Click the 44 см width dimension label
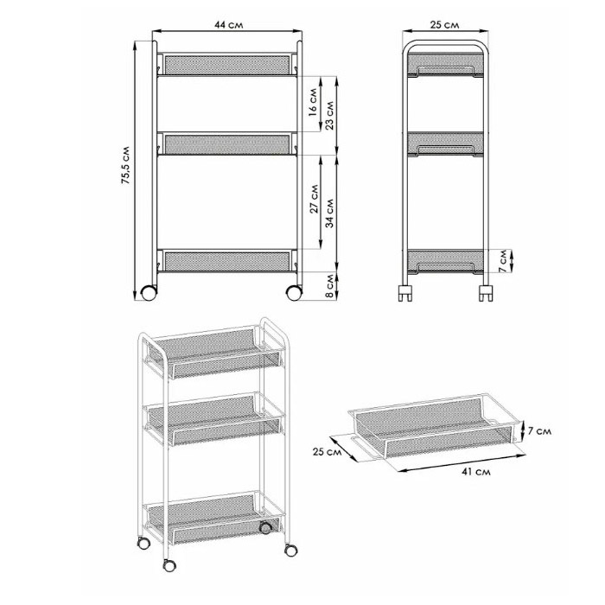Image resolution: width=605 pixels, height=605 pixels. pos(228,25)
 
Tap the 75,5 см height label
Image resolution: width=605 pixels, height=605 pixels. pos(126,164)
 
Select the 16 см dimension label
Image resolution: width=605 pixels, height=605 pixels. pos(313,103)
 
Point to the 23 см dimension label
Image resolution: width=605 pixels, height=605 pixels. pos(329,115)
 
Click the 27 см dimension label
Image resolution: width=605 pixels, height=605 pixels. pos(314,199)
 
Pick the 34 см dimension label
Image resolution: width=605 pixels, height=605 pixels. pos(329,213)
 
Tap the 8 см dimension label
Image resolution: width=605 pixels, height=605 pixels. pos(329,286)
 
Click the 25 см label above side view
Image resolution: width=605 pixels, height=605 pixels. pos(444,25)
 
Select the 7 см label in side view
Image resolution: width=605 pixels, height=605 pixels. pos(503,261)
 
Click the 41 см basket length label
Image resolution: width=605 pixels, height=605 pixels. pos(476,472)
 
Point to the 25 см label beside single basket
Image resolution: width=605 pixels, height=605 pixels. pos(328,451)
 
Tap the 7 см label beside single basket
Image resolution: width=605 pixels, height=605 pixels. pos(539,431)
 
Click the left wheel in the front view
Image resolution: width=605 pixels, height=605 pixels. pos(149,293)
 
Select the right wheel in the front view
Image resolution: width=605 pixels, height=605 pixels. pos(294,293)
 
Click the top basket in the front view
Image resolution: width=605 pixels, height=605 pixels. pos(227,65)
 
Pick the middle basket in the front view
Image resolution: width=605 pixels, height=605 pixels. pos(227,144)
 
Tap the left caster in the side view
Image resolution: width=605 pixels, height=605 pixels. pos(404,293)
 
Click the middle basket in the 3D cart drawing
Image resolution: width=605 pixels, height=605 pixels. pos(213,419)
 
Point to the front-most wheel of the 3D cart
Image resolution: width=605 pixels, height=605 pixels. pos(169,565)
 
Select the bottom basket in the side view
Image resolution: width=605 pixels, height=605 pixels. pos(446,262)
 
